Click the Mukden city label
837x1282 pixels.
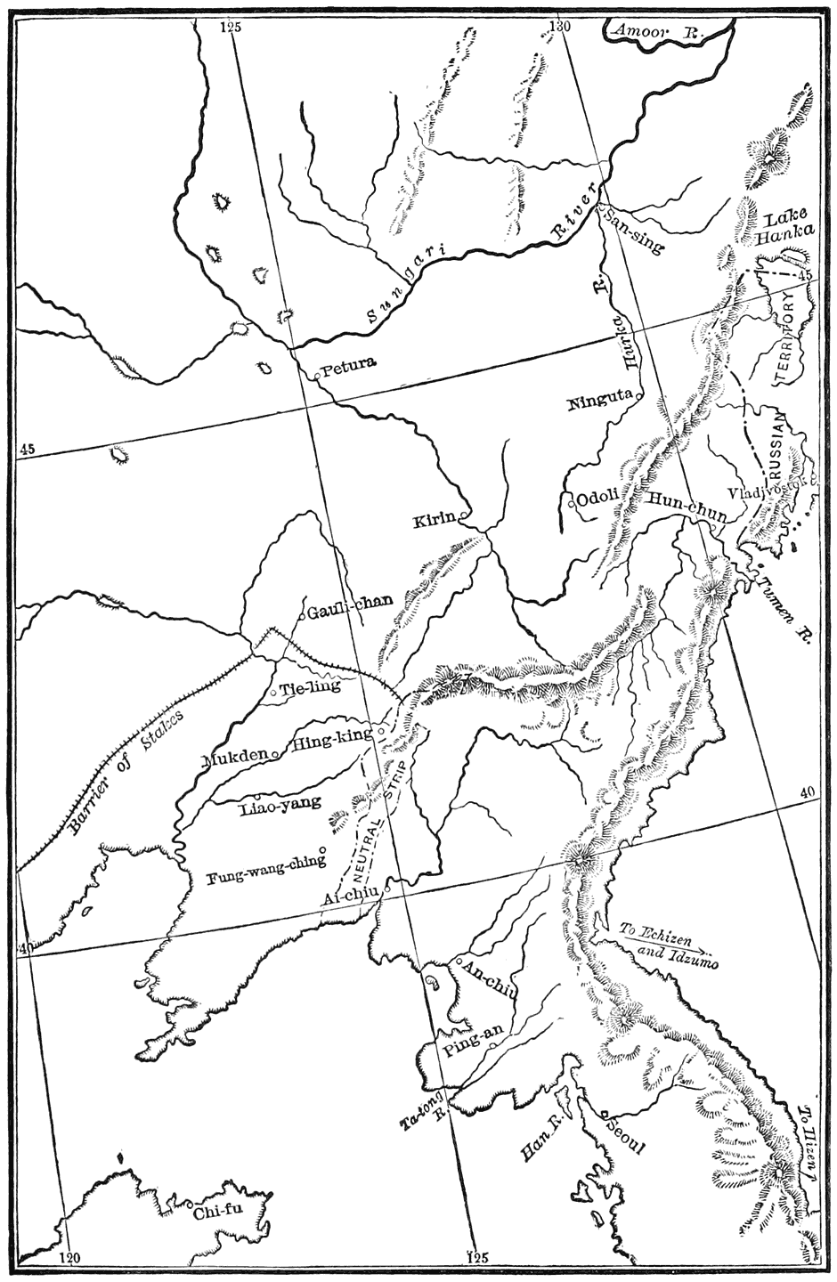[236, 759]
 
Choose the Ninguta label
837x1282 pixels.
[598, 402]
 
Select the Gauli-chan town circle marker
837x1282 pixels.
[302, 614]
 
